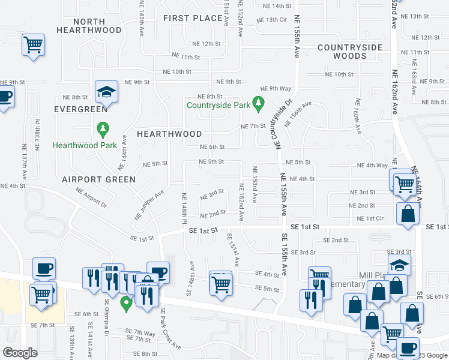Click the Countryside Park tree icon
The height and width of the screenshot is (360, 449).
coord(259,105)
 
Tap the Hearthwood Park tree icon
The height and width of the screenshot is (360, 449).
coord(103,130)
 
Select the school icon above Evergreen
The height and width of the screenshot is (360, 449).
coord(106,92)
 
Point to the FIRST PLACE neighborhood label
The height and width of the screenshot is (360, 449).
coord(193,18)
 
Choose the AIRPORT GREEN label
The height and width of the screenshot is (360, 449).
coord(98,179)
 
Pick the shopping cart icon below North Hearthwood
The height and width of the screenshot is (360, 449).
coord(34,45)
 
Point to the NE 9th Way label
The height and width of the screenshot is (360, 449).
coord(276,88)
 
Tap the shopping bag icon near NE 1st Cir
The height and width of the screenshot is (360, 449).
coord(408,214)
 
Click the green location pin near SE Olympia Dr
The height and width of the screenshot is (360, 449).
coord(126,303)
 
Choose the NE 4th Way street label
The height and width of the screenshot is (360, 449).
coord(372,166)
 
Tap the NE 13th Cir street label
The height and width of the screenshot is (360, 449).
coord(272,20)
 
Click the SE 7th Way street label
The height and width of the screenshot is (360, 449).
coord(140,332)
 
